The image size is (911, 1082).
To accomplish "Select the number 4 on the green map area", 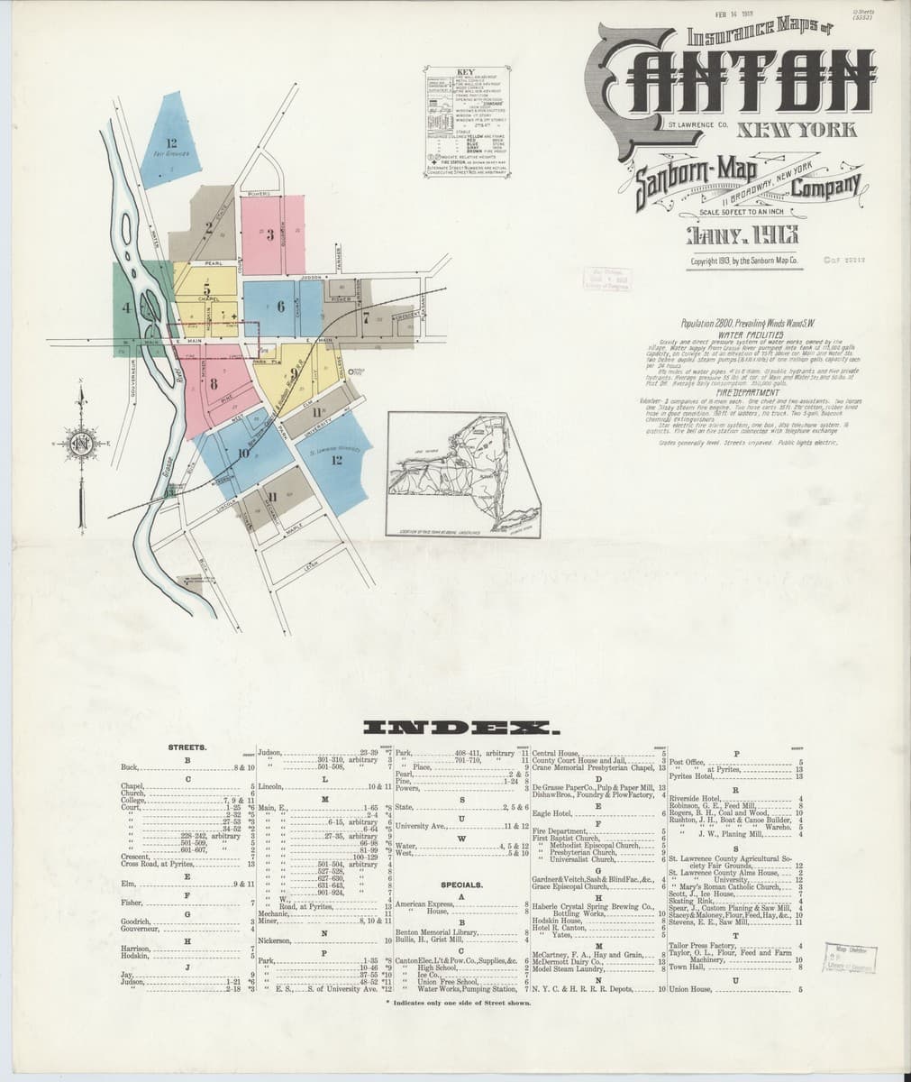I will [x=126, y=307].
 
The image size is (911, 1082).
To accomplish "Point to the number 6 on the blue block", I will [x=281, y=307].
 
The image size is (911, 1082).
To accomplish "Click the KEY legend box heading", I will [x=466, y=71].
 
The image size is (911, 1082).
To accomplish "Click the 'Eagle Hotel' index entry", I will [x=549, y=814].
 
